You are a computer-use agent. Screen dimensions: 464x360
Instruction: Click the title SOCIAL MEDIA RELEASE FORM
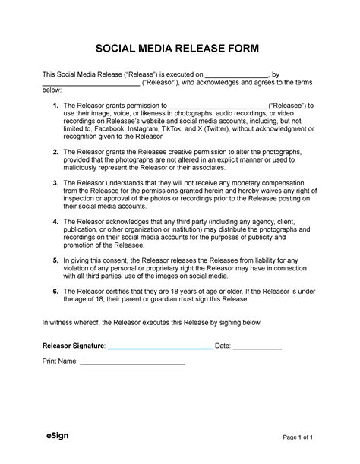180,49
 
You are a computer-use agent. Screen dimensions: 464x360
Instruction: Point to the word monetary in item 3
246,183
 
